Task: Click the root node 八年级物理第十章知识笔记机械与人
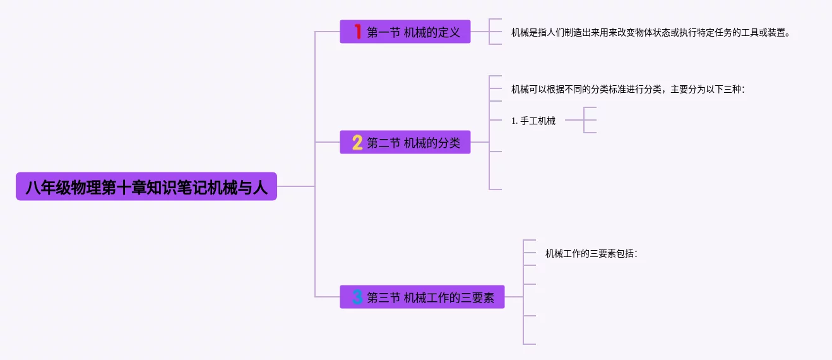pos(146,187)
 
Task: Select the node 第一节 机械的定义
pos(405,32)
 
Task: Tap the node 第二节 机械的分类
pos(405,143)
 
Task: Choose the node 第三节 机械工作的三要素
pos(422,297)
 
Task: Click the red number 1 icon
pos(357,32)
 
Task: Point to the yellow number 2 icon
pos(357,143)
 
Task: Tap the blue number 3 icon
pos(357,297)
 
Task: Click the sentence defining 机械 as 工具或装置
pos(650,32)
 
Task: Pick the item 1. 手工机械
pos(533,121)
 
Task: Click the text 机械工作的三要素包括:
pos(591,253)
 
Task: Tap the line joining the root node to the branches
pos(295,186)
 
